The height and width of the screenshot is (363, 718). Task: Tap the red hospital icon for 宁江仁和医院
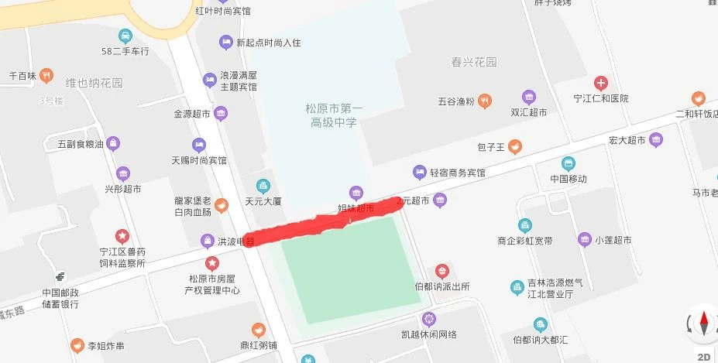coord(601,83)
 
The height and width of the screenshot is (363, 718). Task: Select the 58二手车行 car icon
coord(125,36)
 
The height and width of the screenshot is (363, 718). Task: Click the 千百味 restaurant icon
coord(47,76)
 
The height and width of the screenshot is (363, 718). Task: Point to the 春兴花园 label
coord(473,62)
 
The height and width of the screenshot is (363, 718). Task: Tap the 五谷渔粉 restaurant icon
coord(485,100)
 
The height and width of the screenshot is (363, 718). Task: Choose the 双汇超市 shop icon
coord(529,98)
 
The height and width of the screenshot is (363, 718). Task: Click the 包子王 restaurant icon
coord(514,146)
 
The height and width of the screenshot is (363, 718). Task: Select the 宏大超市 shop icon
coord(656,140)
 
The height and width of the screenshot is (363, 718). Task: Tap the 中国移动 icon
coord(569,163)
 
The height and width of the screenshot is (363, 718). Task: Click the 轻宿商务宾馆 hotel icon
coord(420,172)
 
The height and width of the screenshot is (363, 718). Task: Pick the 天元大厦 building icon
coord(263,186)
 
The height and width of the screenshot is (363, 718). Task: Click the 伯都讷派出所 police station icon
coord(441,271)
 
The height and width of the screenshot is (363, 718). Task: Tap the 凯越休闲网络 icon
coord(429,319)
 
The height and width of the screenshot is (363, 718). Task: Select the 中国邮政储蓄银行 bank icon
coord(60,277)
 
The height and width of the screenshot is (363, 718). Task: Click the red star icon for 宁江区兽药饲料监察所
coord(122,235)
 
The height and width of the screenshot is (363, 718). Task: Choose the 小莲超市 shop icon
coord(585,240)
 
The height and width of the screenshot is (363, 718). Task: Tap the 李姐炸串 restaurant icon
coord(77,345)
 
